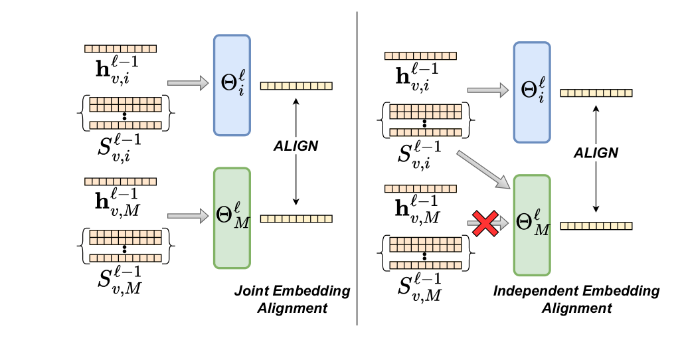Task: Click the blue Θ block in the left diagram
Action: pyautogui.click(x=232, y=85)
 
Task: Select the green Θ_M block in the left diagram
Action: pyautogui.click(x=232, y=218)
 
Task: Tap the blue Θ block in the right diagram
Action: pyautogui.click(x=532, y=92)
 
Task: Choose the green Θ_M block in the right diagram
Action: pyautogui.click(x=532, y=225)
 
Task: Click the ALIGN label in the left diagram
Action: pyautogui.click(x=296, y=146)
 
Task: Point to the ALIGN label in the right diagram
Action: pyautogui.click(x=596, y=153)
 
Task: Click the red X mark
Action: pyautogui.click(x=485, y=224)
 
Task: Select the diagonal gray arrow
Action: pyautogui.click(x=483, y=169)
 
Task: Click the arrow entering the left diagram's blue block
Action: pyautogui.click(x=188, y=83)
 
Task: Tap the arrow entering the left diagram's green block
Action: pyautogui.click(x=188, y=216)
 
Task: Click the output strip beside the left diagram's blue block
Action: pyautogui.click(x=296, y=86)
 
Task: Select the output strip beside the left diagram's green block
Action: pyautogui.click(x=296, y=219)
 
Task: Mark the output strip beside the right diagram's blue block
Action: pyautogui.click(x=596, y=93)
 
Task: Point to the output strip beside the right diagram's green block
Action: pyautogui.click(x=596, y=226)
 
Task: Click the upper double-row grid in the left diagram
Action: pyautogui.click(x=126, y=104)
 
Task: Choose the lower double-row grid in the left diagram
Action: pyautogui.click(x=126, y=237)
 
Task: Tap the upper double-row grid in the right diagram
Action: pyautogui.click(x=426, y=112)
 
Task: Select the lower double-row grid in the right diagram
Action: pyautogui.click(x=426, y=244)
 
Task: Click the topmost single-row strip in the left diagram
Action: pyautogui.click(x=120, y=48)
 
